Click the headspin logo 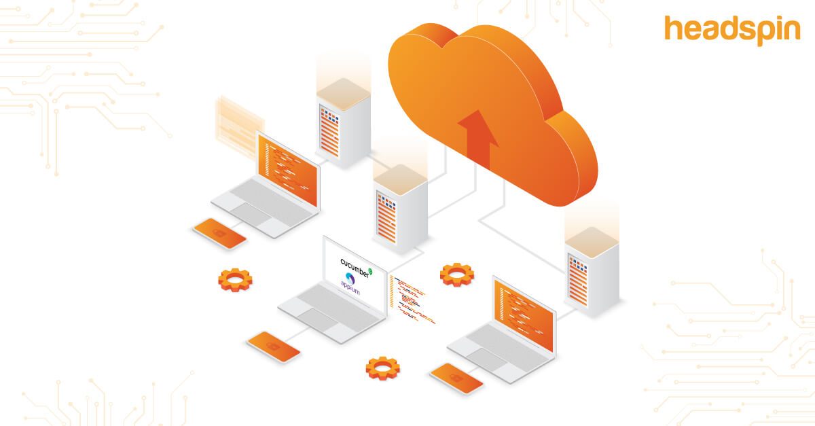732,31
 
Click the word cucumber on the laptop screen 355,268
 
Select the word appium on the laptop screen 350,287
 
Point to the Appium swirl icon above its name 350,279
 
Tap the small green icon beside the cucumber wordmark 370,271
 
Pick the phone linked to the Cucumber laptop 274,347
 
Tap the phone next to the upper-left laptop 219,234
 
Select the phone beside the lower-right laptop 456,378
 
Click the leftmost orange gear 235,280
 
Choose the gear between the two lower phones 383,368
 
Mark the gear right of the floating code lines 457,274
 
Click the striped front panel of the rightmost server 578,281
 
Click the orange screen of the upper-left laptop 287,170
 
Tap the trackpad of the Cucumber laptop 318,319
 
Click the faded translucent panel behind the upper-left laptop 239,127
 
